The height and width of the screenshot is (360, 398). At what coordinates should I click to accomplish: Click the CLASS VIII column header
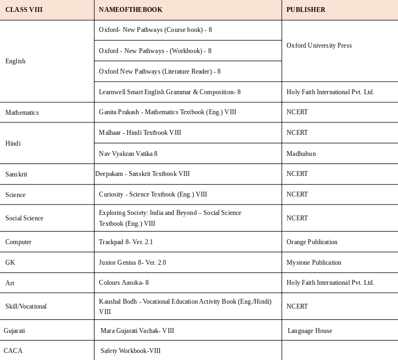coord(24,10)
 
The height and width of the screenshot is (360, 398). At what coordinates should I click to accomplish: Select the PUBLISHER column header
coord(306,10)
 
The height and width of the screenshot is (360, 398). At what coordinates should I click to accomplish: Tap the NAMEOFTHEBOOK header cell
coord(130,10)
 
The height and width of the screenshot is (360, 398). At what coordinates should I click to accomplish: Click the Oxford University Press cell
coord(319,45)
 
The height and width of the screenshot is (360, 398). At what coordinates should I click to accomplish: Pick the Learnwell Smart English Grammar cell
coord(170,92)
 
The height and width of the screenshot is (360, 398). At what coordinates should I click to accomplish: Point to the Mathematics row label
coord(22,113)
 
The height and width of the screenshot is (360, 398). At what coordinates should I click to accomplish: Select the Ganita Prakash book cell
coord(168,112)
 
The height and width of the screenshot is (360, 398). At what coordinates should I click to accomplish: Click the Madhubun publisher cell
coord(301,154)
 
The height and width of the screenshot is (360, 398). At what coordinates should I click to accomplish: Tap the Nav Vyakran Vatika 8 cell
coord(128,154)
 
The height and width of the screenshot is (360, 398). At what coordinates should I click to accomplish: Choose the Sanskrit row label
coord(16,174)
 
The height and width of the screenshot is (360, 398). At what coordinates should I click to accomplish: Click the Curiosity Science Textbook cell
coord(153,194)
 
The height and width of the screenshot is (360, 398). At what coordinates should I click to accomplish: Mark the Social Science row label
coord(24,218)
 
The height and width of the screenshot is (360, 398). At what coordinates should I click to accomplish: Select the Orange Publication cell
coord(312,242)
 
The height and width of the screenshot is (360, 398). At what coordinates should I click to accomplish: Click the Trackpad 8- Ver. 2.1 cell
coord(126,242)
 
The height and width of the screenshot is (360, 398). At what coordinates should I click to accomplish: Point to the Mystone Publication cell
coord(314,263)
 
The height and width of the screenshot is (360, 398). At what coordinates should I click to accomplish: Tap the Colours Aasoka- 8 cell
coord(124,283)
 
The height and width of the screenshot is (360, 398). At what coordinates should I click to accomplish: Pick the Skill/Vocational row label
coord(26,306)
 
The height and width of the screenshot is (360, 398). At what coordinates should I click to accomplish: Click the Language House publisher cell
coord(310,331)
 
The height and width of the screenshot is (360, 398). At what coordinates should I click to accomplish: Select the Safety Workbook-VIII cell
coord(130,351)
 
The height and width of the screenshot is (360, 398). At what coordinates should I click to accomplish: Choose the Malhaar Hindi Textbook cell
coord(140,133)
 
